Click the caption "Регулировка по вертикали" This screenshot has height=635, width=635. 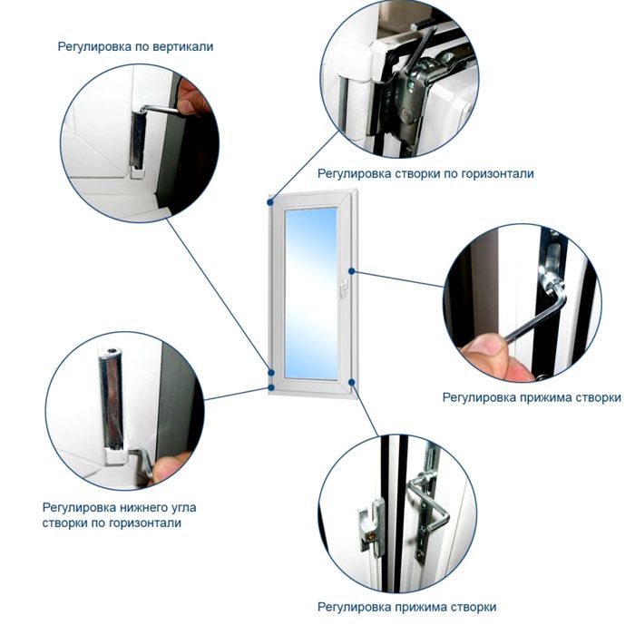[x=135, y=46]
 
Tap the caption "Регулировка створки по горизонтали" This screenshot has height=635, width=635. [x=425, y=174]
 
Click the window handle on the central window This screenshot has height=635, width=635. [x=344, y=288]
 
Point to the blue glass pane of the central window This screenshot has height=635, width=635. [x=311, y=294]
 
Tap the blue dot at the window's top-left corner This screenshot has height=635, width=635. [x=270, y=201]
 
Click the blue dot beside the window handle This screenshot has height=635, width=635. [x=352, y=271]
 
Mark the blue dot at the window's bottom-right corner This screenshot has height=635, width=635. [x=352, y=382]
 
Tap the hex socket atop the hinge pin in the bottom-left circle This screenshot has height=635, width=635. [x=112, y=351]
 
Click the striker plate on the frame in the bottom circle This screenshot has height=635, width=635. [x=373, y=527]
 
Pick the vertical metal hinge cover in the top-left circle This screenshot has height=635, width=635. [x=138, y=141]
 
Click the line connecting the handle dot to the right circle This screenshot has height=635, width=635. [x=398, y=279]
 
